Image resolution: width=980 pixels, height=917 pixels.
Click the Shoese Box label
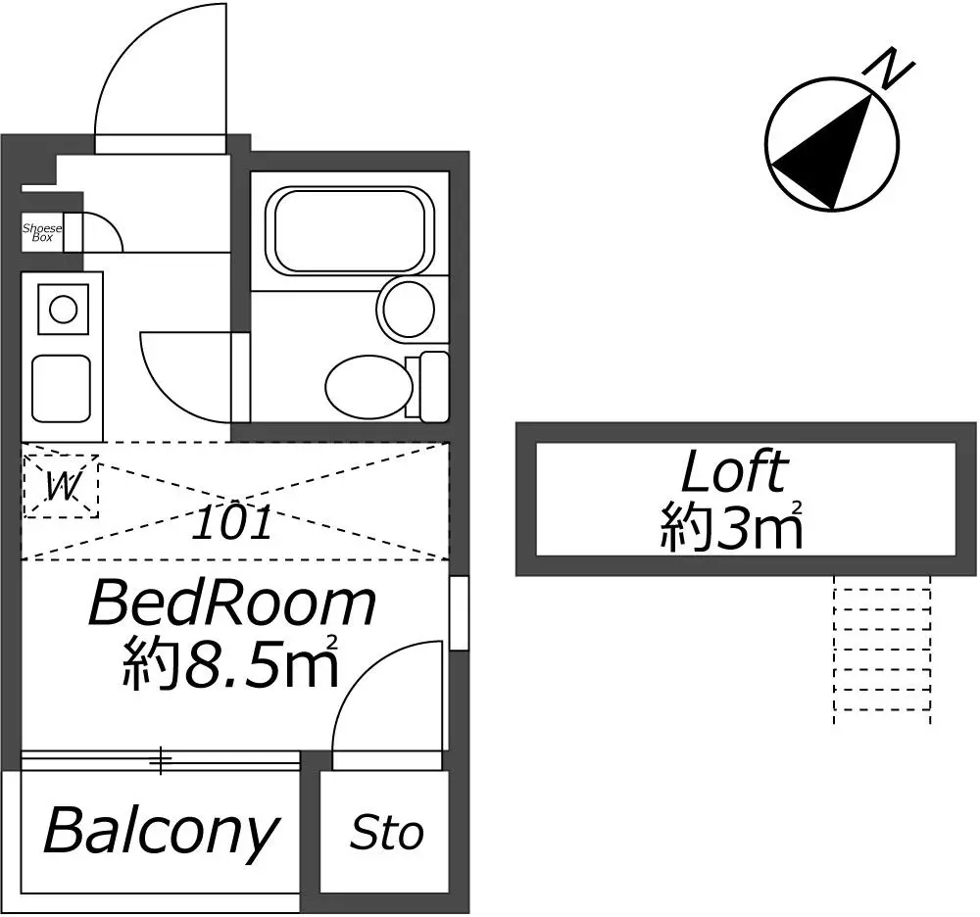tap(42, 232)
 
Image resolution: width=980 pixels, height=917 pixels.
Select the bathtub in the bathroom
tap(350, 230)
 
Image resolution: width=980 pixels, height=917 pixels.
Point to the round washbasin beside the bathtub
tap(407, 310)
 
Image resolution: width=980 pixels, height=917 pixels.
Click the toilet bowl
tap(368, 386)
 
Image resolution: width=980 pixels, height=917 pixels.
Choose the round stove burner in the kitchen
tap(63, 310)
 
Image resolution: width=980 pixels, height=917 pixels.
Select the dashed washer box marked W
tap(61, 485)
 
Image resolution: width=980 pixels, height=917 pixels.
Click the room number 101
tap(232, 522)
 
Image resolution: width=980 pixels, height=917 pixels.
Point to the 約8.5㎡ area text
tap(230, 662)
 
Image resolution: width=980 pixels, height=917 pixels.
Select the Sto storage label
tap(387, 833)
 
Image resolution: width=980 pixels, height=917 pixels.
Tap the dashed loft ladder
tap(882, 650)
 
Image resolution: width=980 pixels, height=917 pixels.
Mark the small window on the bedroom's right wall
tap(460, 612)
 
